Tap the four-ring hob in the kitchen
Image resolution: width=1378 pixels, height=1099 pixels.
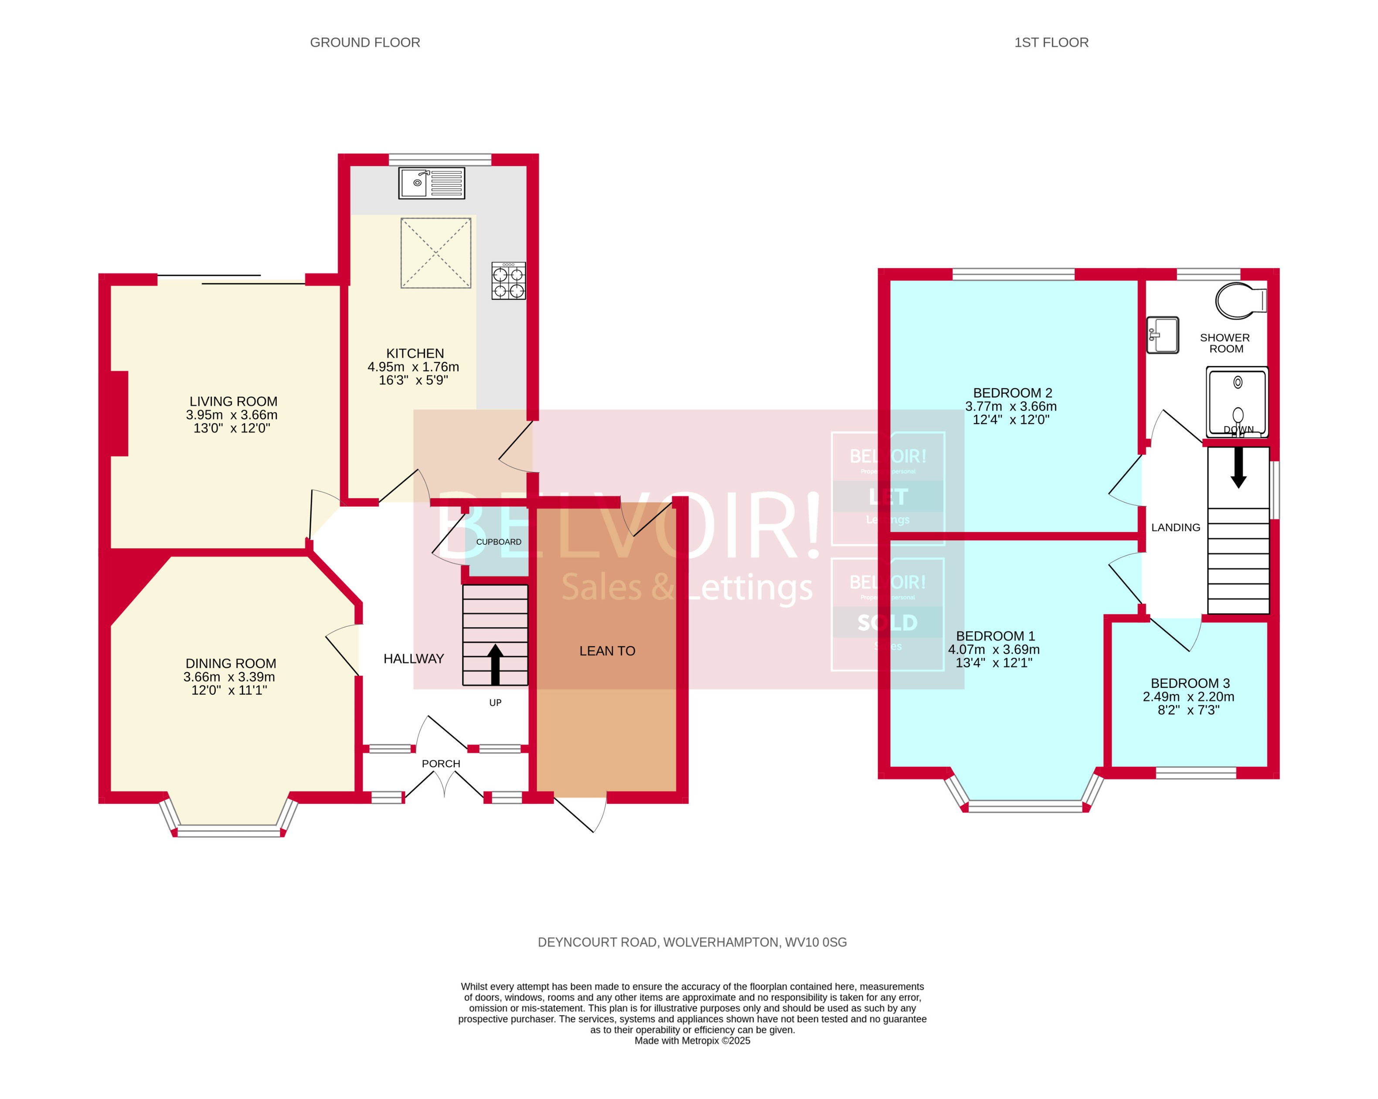[508, 281]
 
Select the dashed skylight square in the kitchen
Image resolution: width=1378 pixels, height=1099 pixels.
[436, 253]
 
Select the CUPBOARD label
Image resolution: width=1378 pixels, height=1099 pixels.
[499, 542]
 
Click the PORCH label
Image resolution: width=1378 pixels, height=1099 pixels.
[441, 763]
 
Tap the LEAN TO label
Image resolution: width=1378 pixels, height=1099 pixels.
[607, 651]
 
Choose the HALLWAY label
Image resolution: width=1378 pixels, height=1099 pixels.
[414, 659]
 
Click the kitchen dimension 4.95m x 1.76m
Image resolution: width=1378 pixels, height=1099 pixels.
[414, 367]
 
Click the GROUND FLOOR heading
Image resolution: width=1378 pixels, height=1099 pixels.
[365, 42]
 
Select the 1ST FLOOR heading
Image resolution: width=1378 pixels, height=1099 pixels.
[1051, 42]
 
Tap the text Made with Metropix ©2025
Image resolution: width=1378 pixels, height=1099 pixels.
[692, 1040]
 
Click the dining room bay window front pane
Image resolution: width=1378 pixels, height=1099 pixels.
[229, 831]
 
